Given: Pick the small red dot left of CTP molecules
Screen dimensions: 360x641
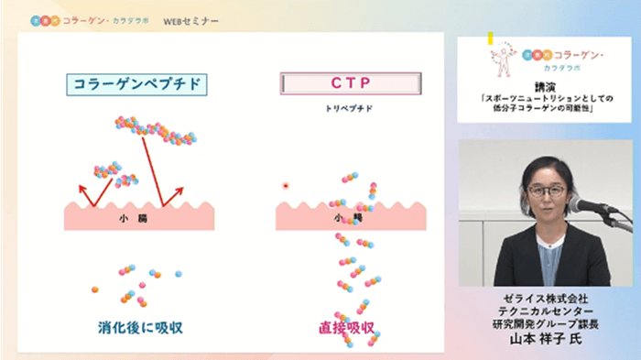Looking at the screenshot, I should click(x=286, y=185).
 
